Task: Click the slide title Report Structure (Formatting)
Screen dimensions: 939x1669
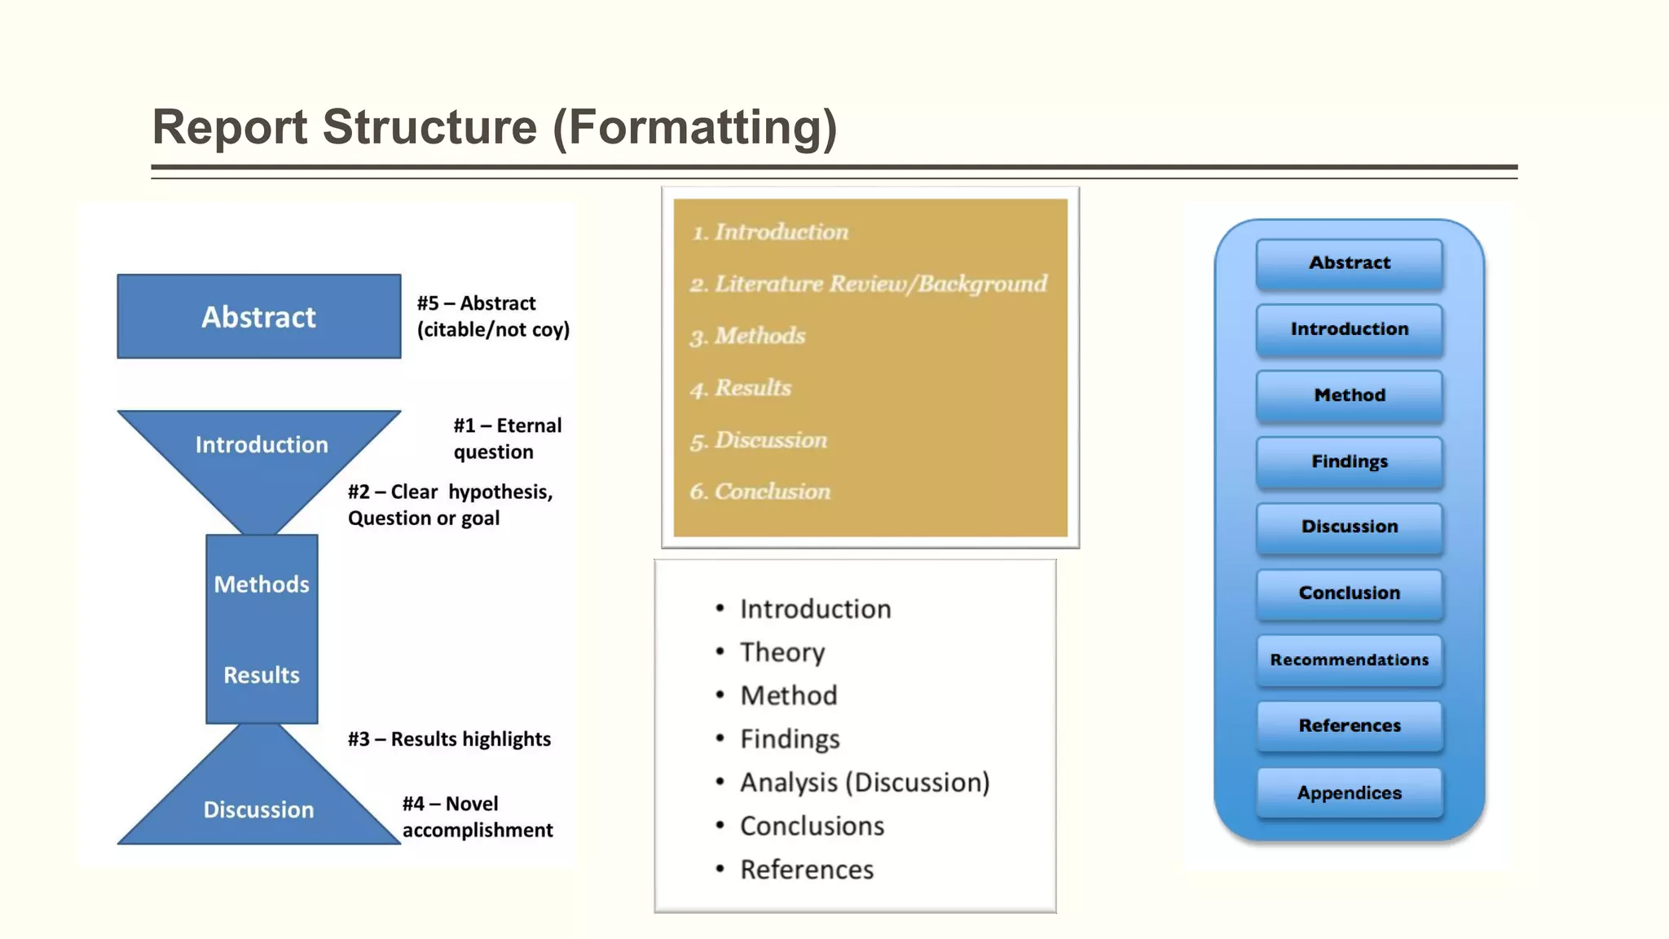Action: click(x=494, y=127)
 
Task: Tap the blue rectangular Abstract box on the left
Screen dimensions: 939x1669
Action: click(x=259, y=316)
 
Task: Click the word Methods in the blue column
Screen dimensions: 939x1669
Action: click(x=261, y=584)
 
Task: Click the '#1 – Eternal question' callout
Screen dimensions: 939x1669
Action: click(x=507, y=439)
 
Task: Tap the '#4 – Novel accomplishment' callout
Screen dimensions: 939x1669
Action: click(x=478, y=817)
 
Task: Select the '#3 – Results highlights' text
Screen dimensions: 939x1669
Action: click(x=449, y=739)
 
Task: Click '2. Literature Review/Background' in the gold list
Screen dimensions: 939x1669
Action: click(x=869, y=284)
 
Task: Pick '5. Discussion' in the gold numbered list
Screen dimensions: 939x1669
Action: click(x=759, y=440)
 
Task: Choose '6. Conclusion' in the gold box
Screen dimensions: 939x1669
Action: click(x=760, y=492)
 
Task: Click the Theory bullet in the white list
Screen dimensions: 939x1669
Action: click(x=782, y=652)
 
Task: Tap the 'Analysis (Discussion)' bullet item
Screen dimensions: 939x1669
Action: click(x=864, y=782)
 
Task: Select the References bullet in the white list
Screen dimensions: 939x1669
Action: click(x=806, y=870)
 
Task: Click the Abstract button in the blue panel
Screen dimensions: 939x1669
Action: click(x=1350, y=263)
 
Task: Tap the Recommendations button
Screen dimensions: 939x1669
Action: click(x=1350, y=660)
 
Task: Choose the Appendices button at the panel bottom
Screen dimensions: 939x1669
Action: click(x=1350, y=793)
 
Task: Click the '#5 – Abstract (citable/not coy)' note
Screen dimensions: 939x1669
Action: click(x=493, y=316)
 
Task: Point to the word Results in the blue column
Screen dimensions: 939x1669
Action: click(x=261, y=675)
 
